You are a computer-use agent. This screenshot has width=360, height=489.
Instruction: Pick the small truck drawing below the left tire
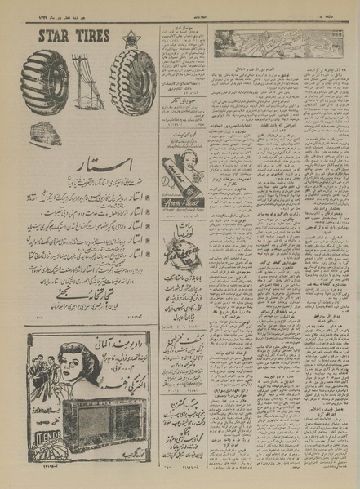45,133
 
